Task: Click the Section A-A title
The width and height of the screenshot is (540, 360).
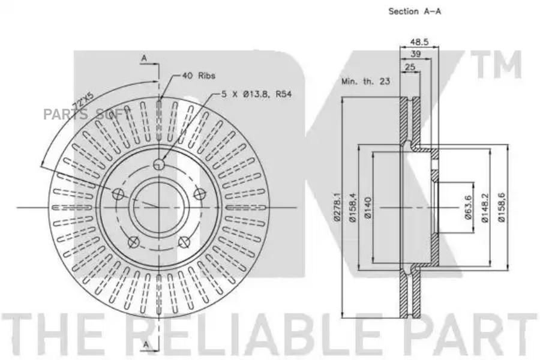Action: click(x=415, y=11)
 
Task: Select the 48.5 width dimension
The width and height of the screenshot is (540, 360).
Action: click(x=419, y=41)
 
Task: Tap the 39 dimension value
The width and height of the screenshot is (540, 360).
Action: click(x=416, y=54)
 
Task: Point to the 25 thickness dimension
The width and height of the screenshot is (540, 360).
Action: click(x=410, y=67)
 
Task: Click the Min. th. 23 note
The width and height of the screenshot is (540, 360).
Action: click(x=365, y=82)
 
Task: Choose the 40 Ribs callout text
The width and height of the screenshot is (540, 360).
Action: click(x=199, y=76)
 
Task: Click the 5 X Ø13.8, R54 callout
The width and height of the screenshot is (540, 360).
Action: click(x=256, y=94)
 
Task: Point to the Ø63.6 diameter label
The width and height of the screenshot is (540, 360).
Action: click(x=468, y=207)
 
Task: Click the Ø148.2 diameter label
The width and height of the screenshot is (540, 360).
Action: click(x=485, y=208)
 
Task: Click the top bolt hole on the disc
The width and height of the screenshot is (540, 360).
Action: click(x=159, y=164)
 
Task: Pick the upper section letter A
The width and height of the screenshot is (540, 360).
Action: click(x=144, y=59)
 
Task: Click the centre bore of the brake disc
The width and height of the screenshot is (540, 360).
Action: click(x=159, y=208)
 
